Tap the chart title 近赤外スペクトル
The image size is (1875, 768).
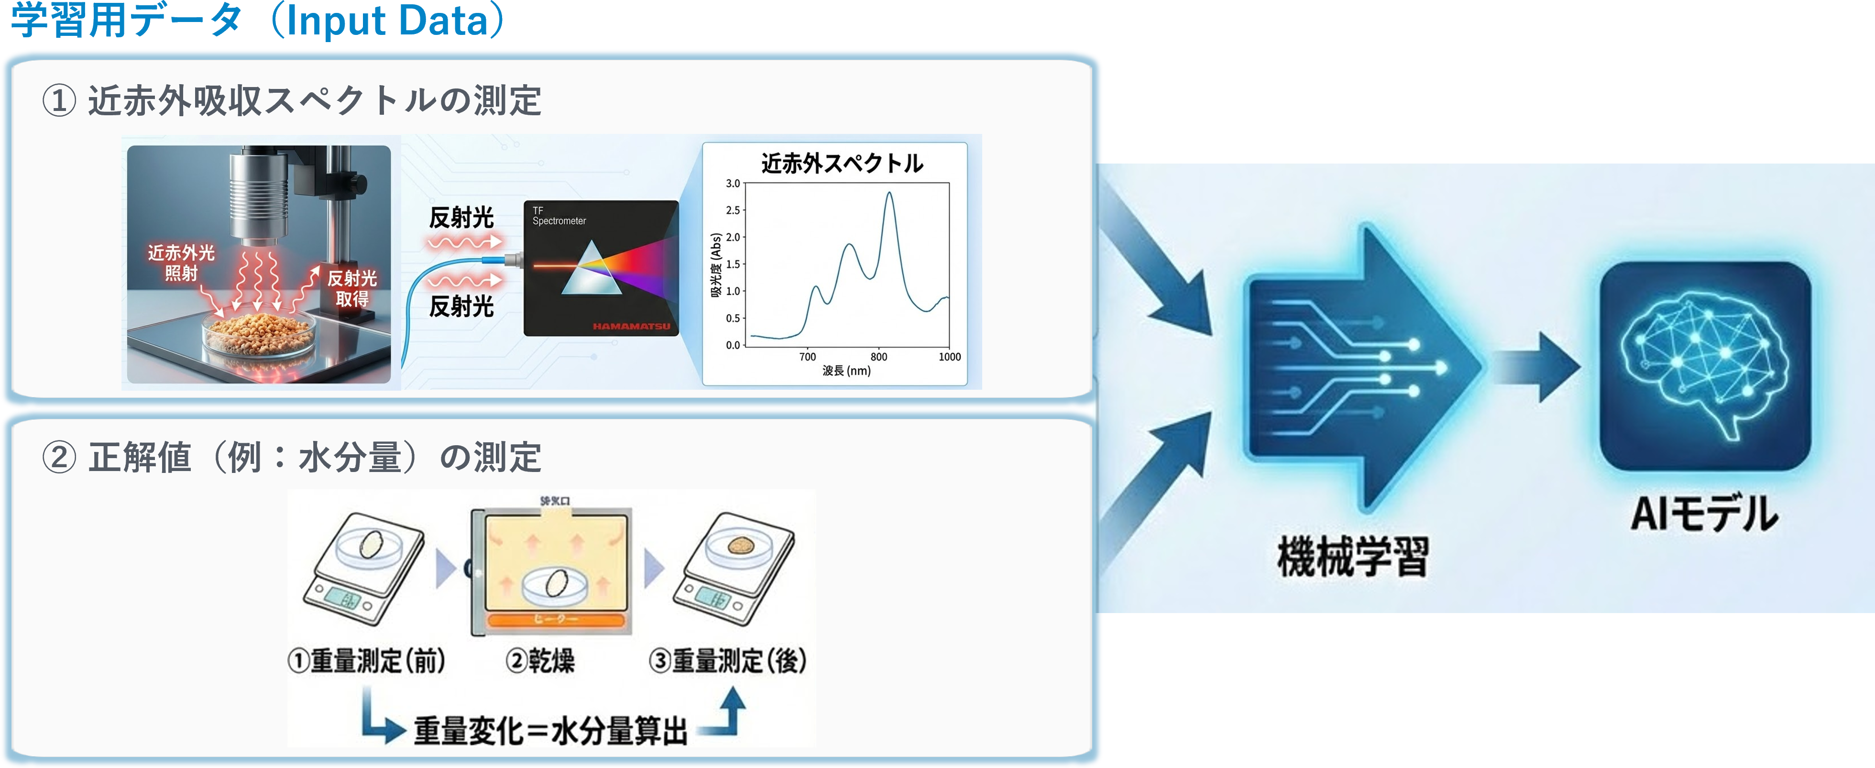(842, 163)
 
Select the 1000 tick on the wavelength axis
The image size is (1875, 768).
(949, 357)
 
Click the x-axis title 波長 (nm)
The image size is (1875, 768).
(846, 371)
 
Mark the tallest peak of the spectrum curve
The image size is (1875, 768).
(889, 194)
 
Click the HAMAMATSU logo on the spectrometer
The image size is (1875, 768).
(631, 326)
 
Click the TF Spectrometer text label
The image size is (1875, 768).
(558, 216)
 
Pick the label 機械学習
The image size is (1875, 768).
(1352, 557)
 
